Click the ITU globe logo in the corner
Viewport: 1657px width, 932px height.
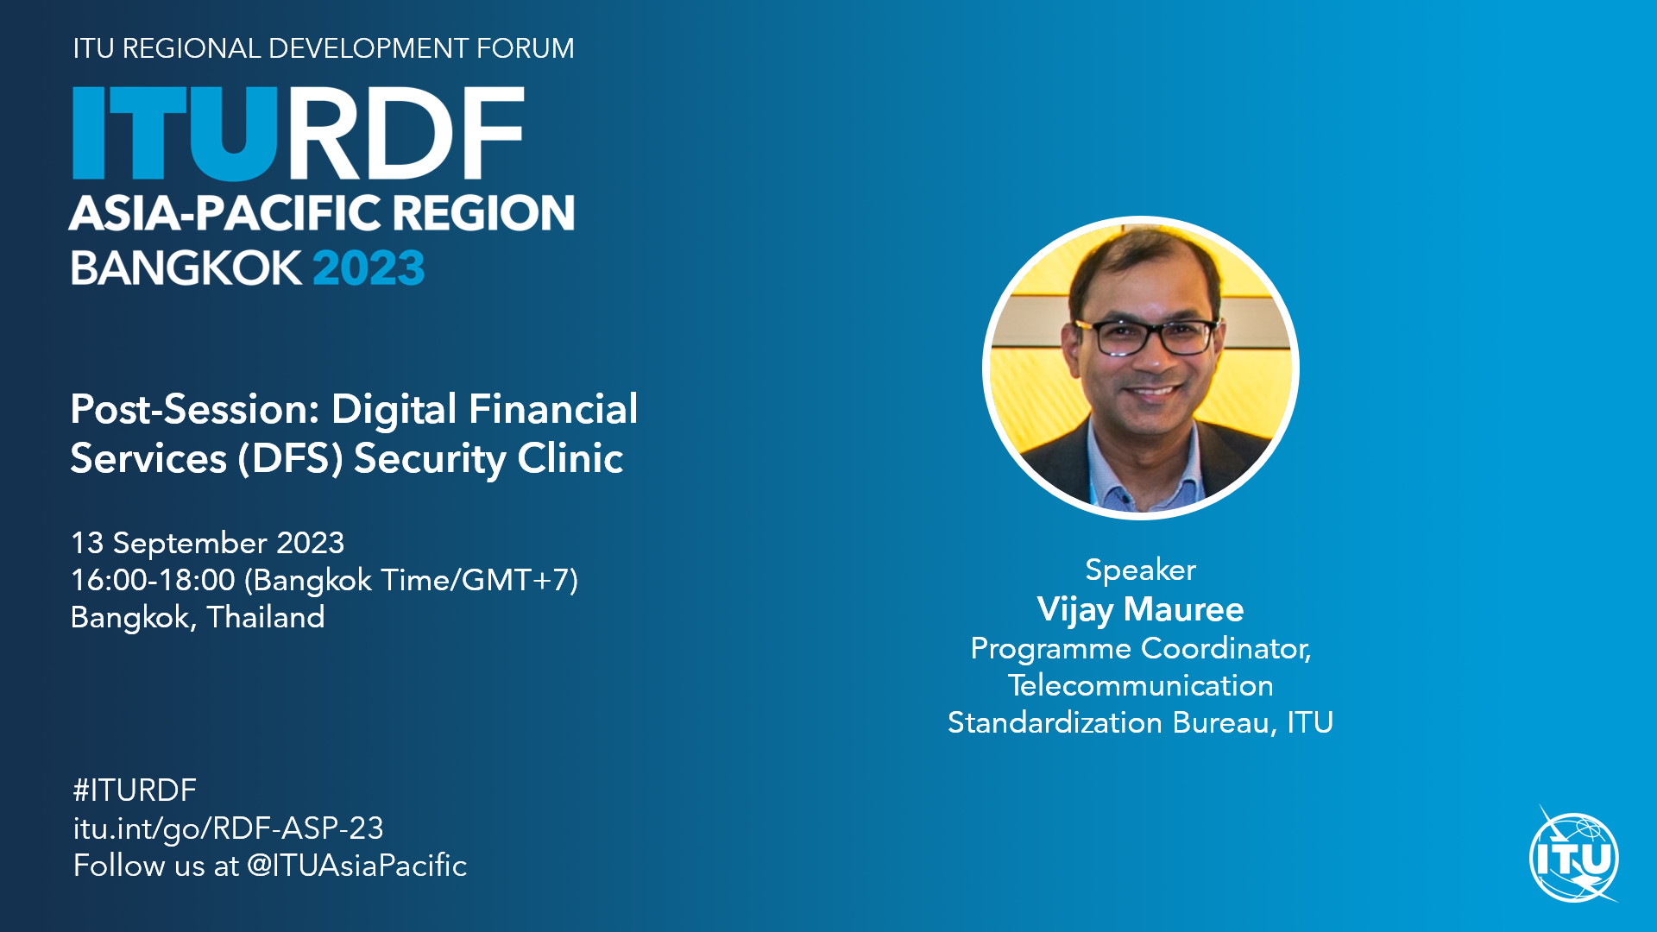tap(1574, 857)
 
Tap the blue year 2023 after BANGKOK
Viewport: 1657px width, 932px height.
tap(369, 268)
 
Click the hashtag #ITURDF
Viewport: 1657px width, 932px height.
tap(135, 790)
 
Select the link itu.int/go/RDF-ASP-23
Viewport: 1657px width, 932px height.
tap(228, 828)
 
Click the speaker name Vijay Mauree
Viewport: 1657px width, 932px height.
tap(1140, 610)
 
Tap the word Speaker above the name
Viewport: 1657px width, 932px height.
tap(1140, 570)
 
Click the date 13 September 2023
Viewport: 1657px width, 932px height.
tap(207, 543)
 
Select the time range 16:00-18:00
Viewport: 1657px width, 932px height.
tap(153, 580)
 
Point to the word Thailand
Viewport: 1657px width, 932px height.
tap(266, 617)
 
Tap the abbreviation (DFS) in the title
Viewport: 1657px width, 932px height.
tap(291, 459)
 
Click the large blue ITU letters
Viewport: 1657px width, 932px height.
tap(174, 134)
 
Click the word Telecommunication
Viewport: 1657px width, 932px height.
tap(1140, 685)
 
